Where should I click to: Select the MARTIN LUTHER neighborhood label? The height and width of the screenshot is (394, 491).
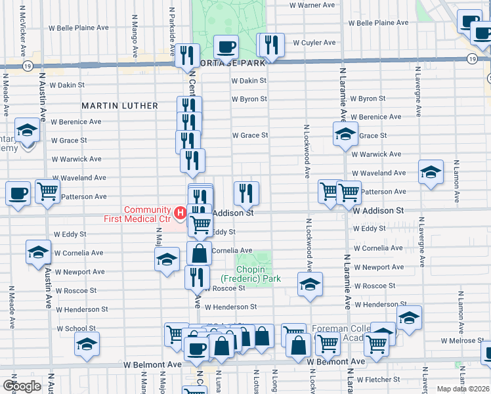coord(119,106)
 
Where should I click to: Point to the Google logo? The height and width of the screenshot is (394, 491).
coord(22,386)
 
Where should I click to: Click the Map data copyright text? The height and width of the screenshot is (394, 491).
coord(463,389)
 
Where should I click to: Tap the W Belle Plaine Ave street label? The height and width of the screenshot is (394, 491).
coord(79,28)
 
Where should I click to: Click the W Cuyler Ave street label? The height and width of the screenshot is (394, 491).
coord(314,43)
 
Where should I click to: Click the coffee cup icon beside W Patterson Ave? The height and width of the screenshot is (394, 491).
coord(18,194)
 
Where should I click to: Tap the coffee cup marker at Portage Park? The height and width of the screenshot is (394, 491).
coord(226,47)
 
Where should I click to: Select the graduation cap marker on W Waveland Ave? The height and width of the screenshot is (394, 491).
coord(430,173)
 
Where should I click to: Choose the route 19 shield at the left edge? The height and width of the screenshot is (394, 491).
coord(27,66)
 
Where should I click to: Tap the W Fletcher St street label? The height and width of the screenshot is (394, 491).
coord(379,379)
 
